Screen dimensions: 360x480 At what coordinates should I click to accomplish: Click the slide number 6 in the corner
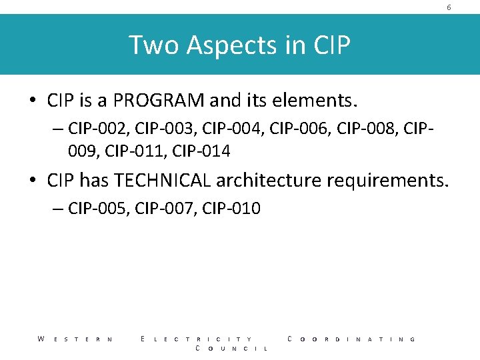[449, 7]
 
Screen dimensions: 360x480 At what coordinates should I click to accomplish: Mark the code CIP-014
[201, 152]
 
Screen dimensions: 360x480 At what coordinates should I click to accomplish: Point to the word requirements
[393, 180]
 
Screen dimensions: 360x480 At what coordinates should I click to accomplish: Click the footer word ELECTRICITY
[197, 339]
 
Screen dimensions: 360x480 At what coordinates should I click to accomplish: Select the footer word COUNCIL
[231, 349]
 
